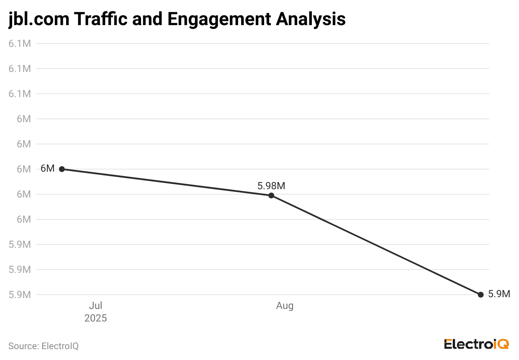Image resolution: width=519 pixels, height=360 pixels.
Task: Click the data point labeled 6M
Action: (62, 169)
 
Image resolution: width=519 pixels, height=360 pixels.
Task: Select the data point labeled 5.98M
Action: (271, 195)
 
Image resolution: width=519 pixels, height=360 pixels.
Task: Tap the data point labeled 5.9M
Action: (480, 295)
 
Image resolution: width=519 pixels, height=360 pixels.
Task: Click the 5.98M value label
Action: (271, 186)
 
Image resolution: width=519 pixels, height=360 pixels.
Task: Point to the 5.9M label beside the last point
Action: (499, 294)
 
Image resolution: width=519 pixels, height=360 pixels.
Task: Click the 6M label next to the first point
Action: (47, 169)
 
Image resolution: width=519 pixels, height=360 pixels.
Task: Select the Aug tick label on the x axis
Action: (285, 306)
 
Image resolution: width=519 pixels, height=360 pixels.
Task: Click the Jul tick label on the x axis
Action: (96, 306)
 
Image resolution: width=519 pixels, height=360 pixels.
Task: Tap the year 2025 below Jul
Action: (96, 318)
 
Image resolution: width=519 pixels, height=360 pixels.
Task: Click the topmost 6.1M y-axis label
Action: (20, 44)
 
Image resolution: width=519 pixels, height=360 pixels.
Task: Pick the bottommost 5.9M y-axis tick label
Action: (20, 295)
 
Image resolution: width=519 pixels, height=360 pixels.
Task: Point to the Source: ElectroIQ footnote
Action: (44, 346)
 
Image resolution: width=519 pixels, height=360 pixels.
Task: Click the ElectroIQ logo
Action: (476, 344)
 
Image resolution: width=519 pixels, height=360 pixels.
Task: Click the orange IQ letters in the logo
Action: (501, 344)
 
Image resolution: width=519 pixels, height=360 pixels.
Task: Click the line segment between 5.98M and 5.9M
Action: (376, 245)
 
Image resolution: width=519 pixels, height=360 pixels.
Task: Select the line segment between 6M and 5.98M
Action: (167, 182)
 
